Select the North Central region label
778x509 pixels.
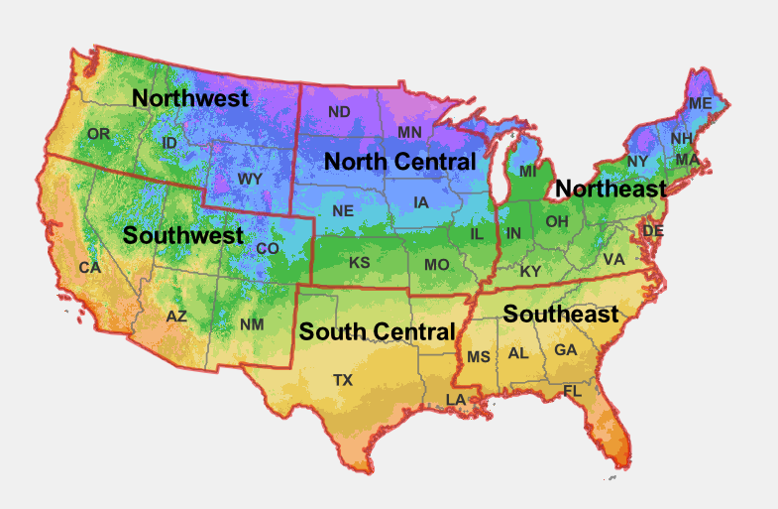pos(400,161)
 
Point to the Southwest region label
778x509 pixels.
pos(182,236)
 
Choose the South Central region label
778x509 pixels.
pos(377,331)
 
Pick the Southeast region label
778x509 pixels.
pos(560,315)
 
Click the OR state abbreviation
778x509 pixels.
pos(98,134)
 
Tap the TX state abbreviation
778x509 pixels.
pos(342,380)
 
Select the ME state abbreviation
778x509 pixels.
pos(701,103)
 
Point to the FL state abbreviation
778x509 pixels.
pos(573,391)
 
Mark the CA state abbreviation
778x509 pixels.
pos(90,268)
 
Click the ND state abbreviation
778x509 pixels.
pos(339,111)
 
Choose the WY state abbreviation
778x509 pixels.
pos(250,180)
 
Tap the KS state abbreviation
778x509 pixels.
pos(360,264)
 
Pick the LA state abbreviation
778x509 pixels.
pos(455,400)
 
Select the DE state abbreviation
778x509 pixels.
pos(653,230)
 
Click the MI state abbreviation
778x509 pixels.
pos(527,172)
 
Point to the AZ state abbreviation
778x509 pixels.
pos(176,317)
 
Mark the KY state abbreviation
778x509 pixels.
pos(531,271)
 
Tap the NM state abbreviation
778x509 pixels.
pos(252,325)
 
